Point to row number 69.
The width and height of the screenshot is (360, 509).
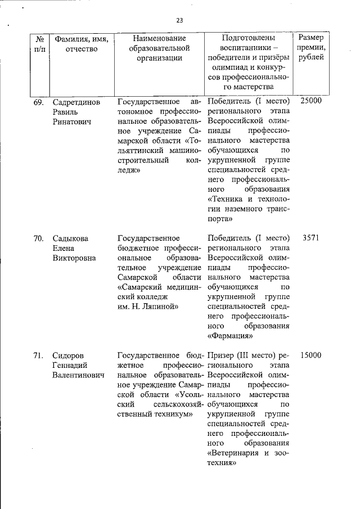[x=39, y=102]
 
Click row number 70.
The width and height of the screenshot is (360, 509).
[x=39, y=238]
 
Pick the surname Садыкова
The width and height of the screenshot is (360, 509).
[x=70, y=238]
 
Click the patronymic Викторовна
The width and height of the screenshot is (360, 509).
[x=75, y=258]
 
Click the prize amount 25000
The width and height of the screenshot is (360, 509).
[x=310, y=101]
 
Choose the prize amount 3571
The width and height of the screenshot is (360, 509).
[x=310, y=238]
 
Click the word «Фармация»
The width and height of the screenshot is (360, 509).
[x=230, y=336]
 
